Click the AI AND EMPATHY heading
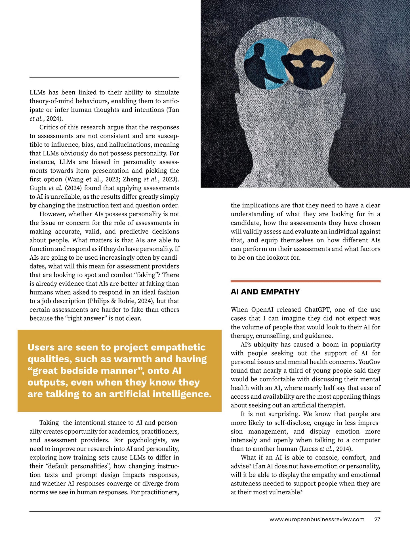point(265,292)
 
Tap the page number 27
point(377,519)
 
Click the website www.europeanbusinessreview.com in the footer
point(317,519)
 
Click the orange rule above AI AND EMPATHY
point(305,281)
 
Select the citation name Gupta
point(38,188)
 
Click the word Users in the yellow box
point(41,347)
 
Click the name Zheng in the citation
point(132,179)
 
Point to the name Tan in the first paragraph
point(174,110)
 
